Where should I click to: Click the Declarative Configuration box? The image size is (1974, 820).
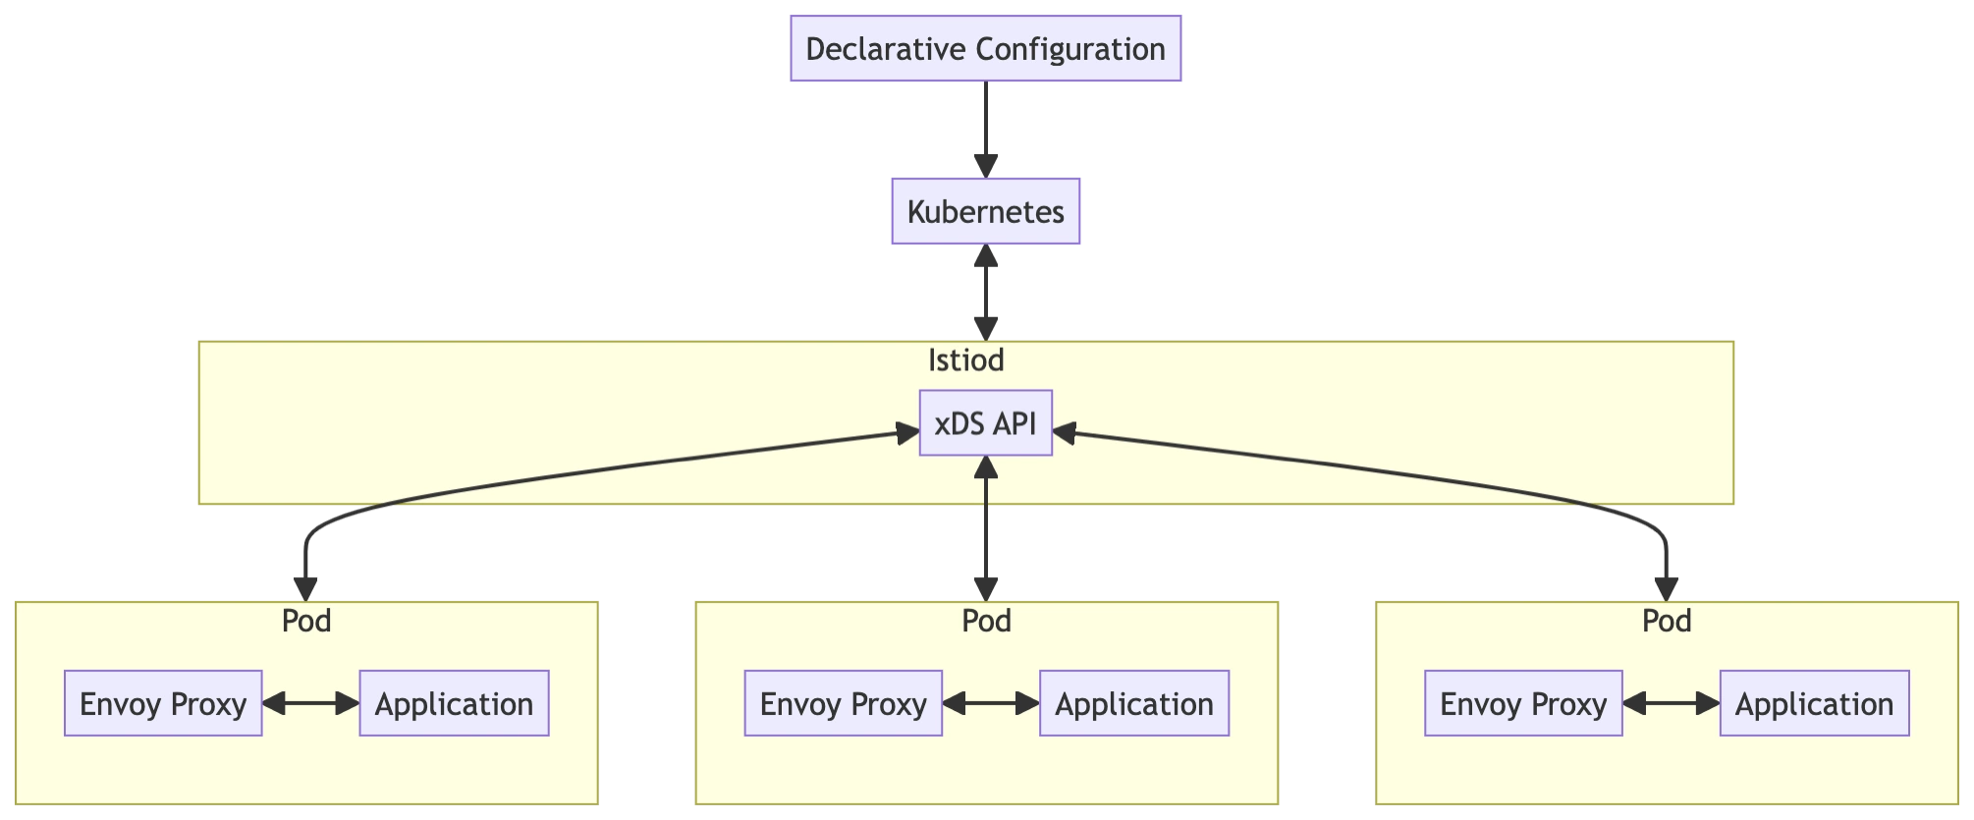tap(985, 48)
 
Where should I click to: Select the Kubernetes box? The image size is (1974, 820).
tap(985, 211)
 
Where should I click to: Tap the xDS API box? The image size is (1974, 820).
tap(985, 423)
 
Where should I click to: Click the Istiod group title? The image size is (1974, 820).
tap(965, 360)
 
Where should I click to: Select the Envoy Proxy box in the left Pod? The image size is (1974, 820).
tap(163, 703)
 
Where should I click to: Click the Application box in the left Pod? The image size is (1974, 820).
tap(454, 703)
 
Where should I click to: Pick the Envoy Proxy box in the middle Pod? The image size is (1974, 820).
tap(843, 703)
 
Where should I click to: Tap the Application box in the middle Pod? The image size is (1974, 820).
tap(1134, 703)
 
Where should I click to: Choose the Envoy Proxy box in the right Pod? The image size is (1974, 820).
tap(1523, 703)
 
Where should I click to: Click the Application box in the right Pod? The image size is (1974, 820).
tap(1814, 703)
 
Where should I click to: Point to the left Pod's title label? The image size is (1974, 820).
tap(306, 621)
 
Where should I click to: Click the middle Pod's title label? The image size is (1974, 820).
tap(986, 621)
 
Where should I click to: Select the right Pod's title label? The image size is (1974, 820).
tap(1667, 621)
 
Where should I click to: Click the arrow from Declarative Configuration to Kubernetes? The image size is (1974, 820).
tap(985, 128)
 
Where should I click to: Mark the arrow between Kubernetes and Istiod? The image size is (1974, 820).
tap(985, 292)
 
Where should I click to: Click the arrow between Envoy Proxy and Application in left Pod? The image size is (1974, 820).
tap(310, 703)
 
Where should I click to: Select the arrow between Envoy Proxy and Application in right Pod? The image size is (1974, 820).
tap(1671, 703)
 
